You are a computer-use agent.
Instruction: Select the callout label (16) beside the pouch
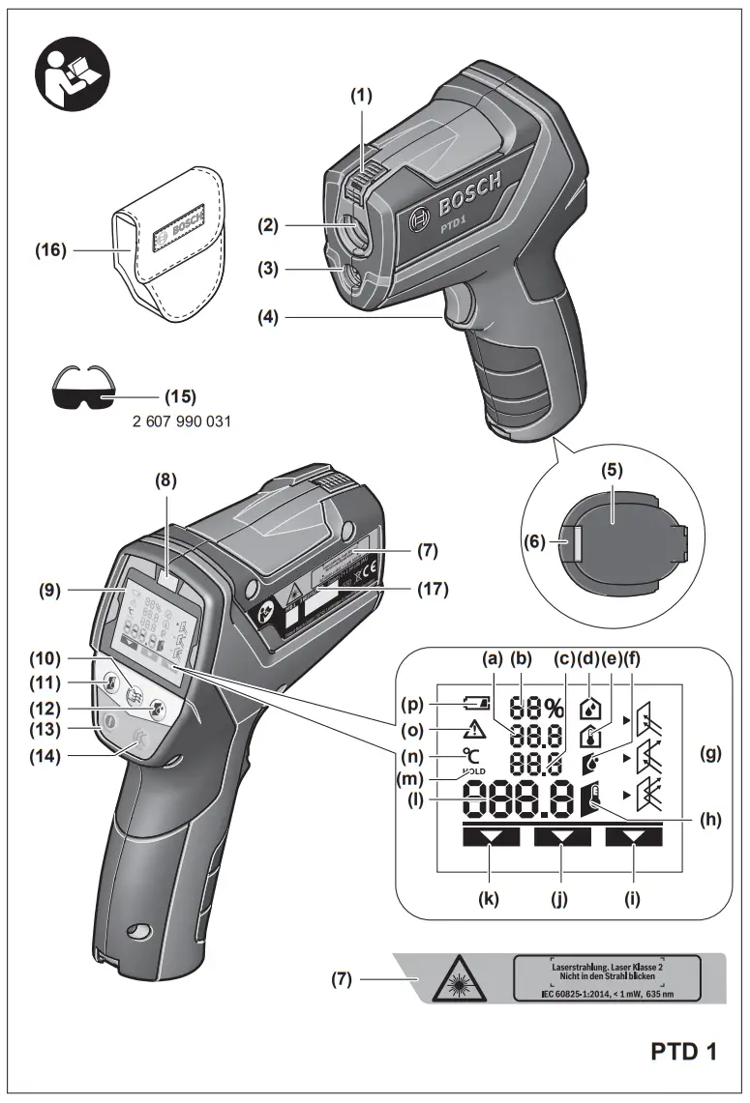[x=51, y=250]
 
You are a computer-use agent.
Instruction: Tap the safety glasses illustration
[x=82, y=389]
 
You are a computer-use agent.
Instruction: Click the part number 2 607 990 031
[x=181, y=421]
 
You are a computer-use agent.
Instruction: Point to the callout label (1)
[x=361, y=96]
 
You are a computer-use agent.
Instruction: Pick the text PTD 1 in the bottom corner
[x=683, y=1051]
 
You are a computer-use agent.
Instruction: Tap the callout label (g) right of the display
[x=712, y=754]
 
